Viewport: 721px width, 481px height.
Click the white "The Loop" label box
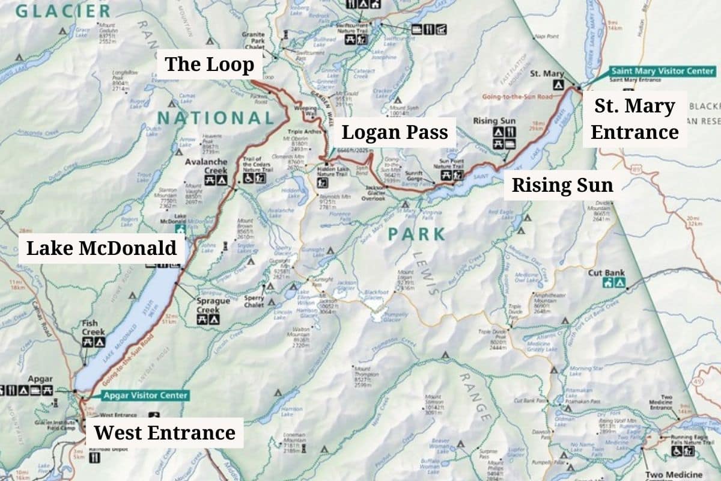pos(209,64)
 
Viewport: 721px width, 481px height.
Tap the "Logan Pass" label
pos(395,132)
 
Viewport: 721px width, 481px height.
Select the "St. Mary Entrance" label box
pos(634,119)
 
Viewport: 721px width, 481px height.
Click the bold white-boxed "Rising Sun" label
pos(562,186)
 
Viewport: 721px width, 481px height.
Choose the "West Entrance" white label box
pos(164,432)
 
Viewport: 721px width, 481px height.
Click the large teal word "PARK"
pos(416,234)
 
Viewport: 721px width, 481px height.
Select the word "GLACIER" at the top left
pos(63,10)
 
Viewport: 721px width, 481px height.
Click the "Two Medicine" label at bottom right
pos(672,475)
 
